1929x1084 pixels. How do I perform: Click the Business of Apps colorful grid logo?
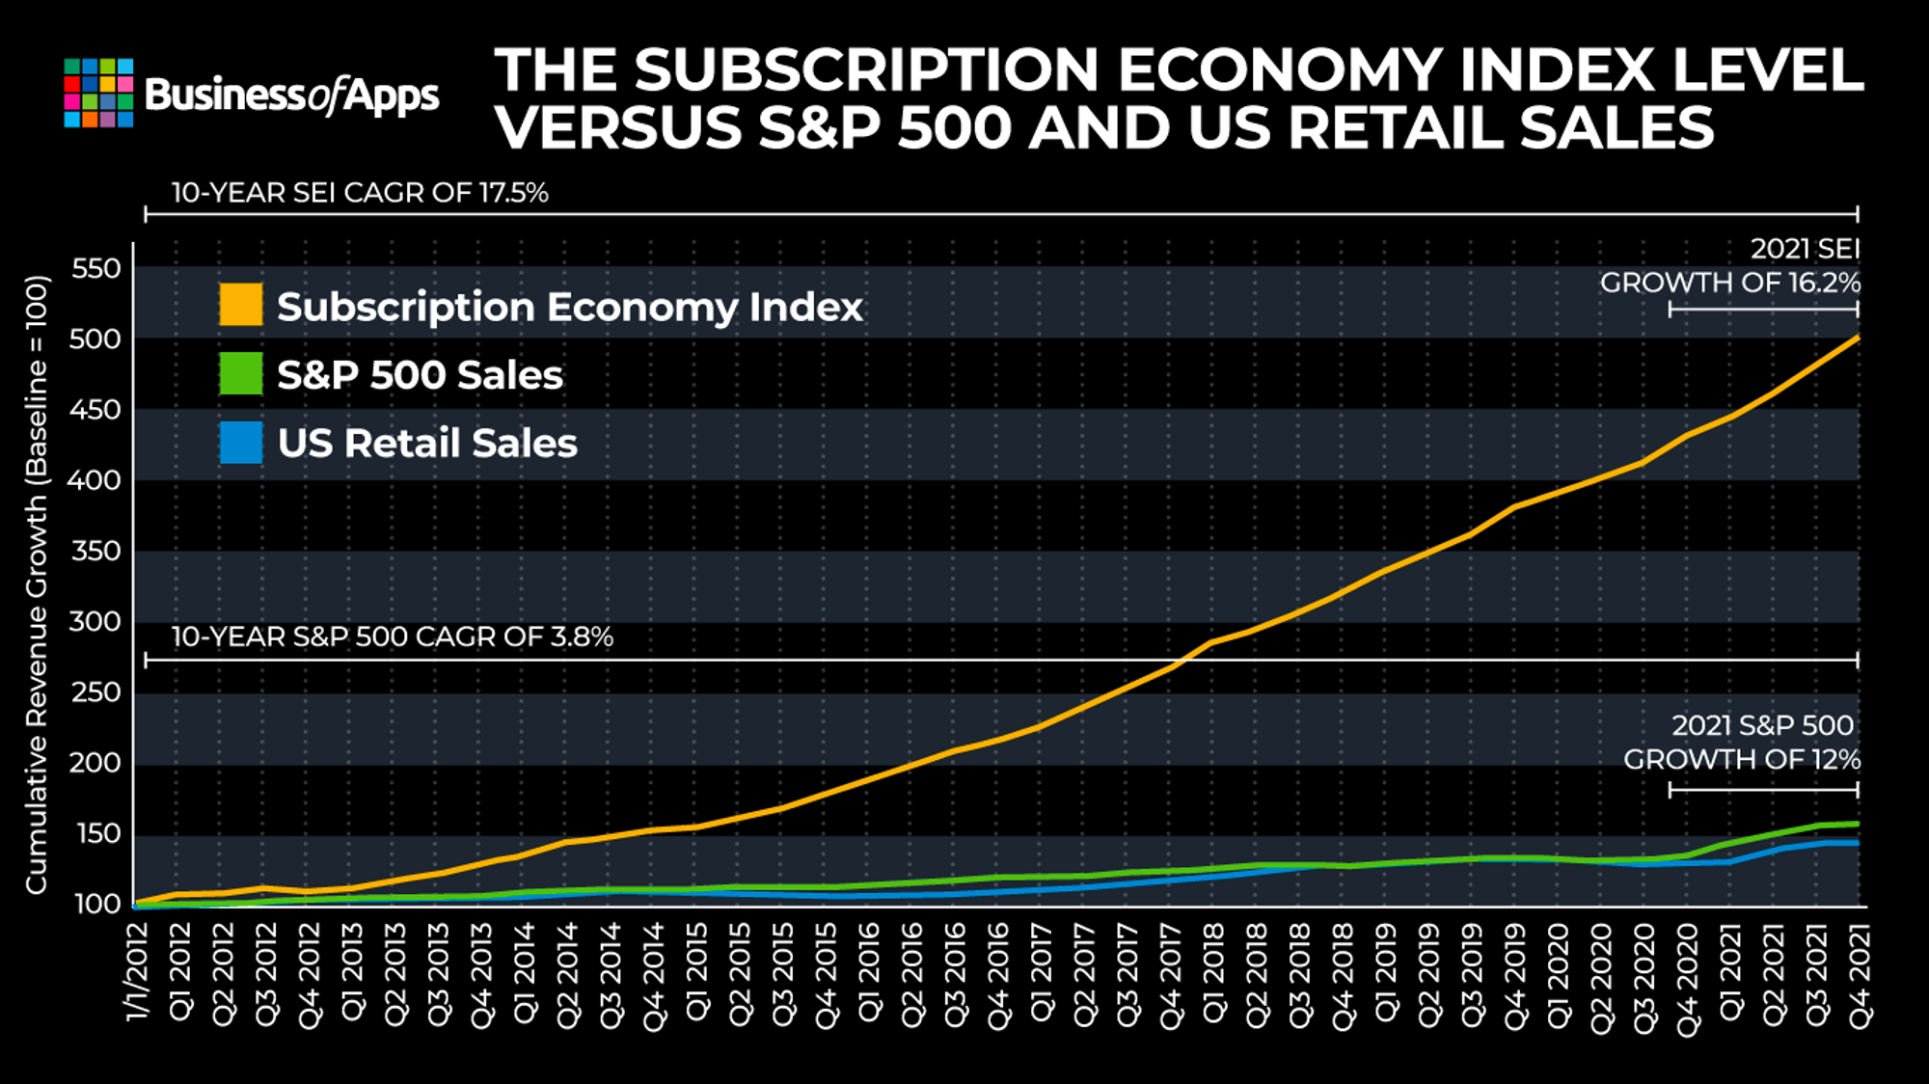[x=98, y=93]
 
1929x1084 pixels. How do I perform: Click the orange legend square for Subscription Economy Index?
[x=241, y=305]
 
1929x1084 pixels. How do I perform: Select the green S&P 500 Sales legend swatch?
[x=241, y=373]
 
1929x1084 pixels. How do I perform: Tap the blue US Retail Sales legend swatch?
[x=241, y=443]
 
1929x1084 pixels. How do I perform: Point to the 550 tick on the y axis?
[x=96, y=268]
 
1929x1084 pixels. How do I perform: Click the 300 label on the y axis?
[x=96, y=621]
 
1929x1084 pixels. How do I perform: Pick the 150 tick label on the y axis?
[x=96, y=833]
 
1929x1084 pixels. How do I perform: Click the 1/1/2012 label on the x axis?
[x=137, y=971]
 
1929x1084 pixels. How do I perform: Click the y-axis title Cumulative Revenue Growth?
[x=37, y=584]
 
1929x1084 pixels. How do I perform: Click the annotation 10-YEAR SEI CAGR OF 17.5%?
[x=360, y=193]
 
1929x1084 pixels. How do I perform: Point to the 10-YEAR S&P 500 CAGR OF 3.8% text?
[x=393, y=637]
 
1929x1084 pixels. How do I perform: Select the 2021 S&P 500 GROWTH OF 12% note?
[x=1742, y=743]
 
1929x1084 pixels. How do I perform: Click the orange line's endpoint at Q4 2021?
[x=1858, y=338]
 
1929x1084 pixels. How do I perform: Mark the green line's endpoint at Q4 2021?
[x=1858, y=824]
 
